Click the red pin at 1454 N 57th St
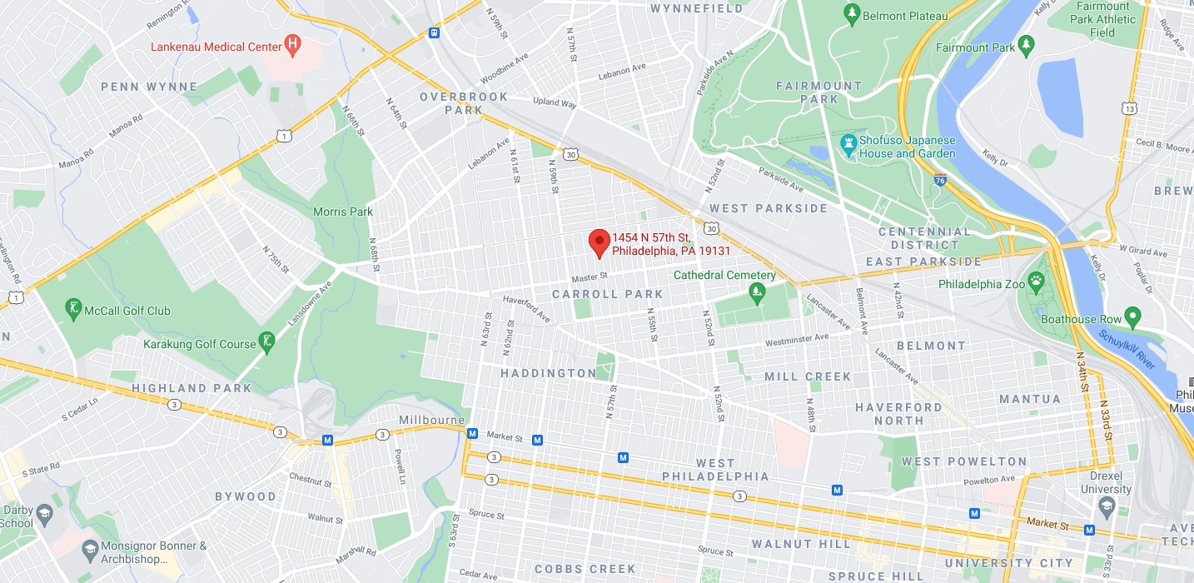[599, 242]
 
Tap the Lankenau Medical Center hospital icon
[291, 46]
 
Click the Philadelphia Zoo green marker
[1037, 282]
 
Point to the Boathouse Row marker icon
[1132, 317]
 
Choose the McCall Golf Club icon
[75, 310]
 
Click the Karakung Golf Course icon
[267, 341]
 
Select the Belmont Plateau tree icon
[851, 14]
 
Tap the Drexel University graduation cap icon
[1106, 505]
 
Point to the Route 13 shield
[1129, 108]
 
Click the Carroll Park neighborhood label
[607, 294]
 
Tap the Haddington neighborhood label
[549, 373]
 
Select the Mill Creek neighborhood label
[808, 376]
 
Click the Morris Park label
[343, 212]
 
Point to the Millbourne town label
[431, 420]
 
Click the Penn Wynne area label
[149, 87]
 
